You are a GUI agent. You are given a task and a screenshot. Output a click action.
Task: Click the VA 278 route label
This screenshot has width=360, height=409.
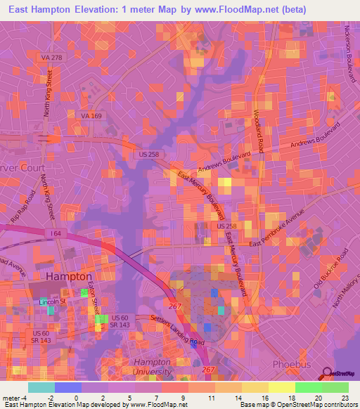click(x=52, y=57)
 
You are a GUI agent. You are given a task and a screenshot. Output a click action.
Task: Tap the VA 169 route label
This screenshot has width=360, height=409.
click(x=91, y=116)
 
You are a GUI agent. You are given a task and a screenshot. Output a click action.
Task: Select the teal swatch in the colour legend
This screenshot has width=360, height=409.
click(x=41, y=387)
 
